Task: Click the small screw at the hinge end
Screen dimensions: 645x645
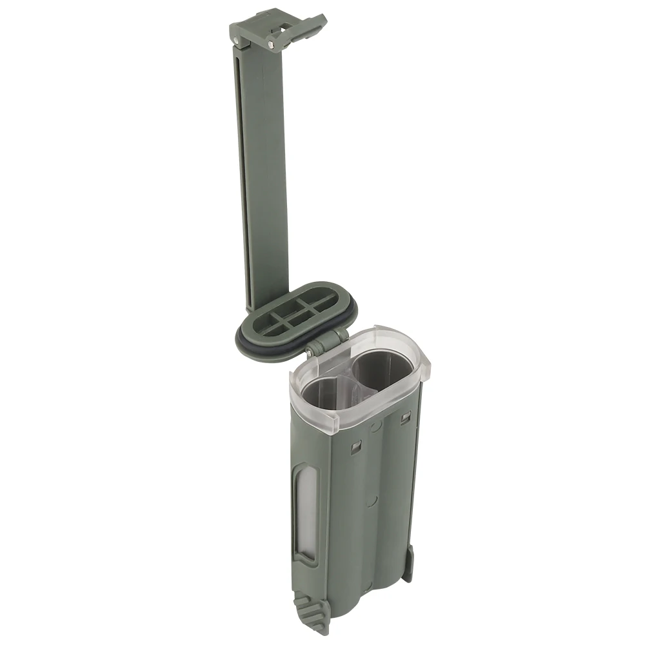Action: (x=310, y=352)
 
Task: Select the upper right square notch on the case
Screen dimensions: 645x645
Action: (x=404, y=418)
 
